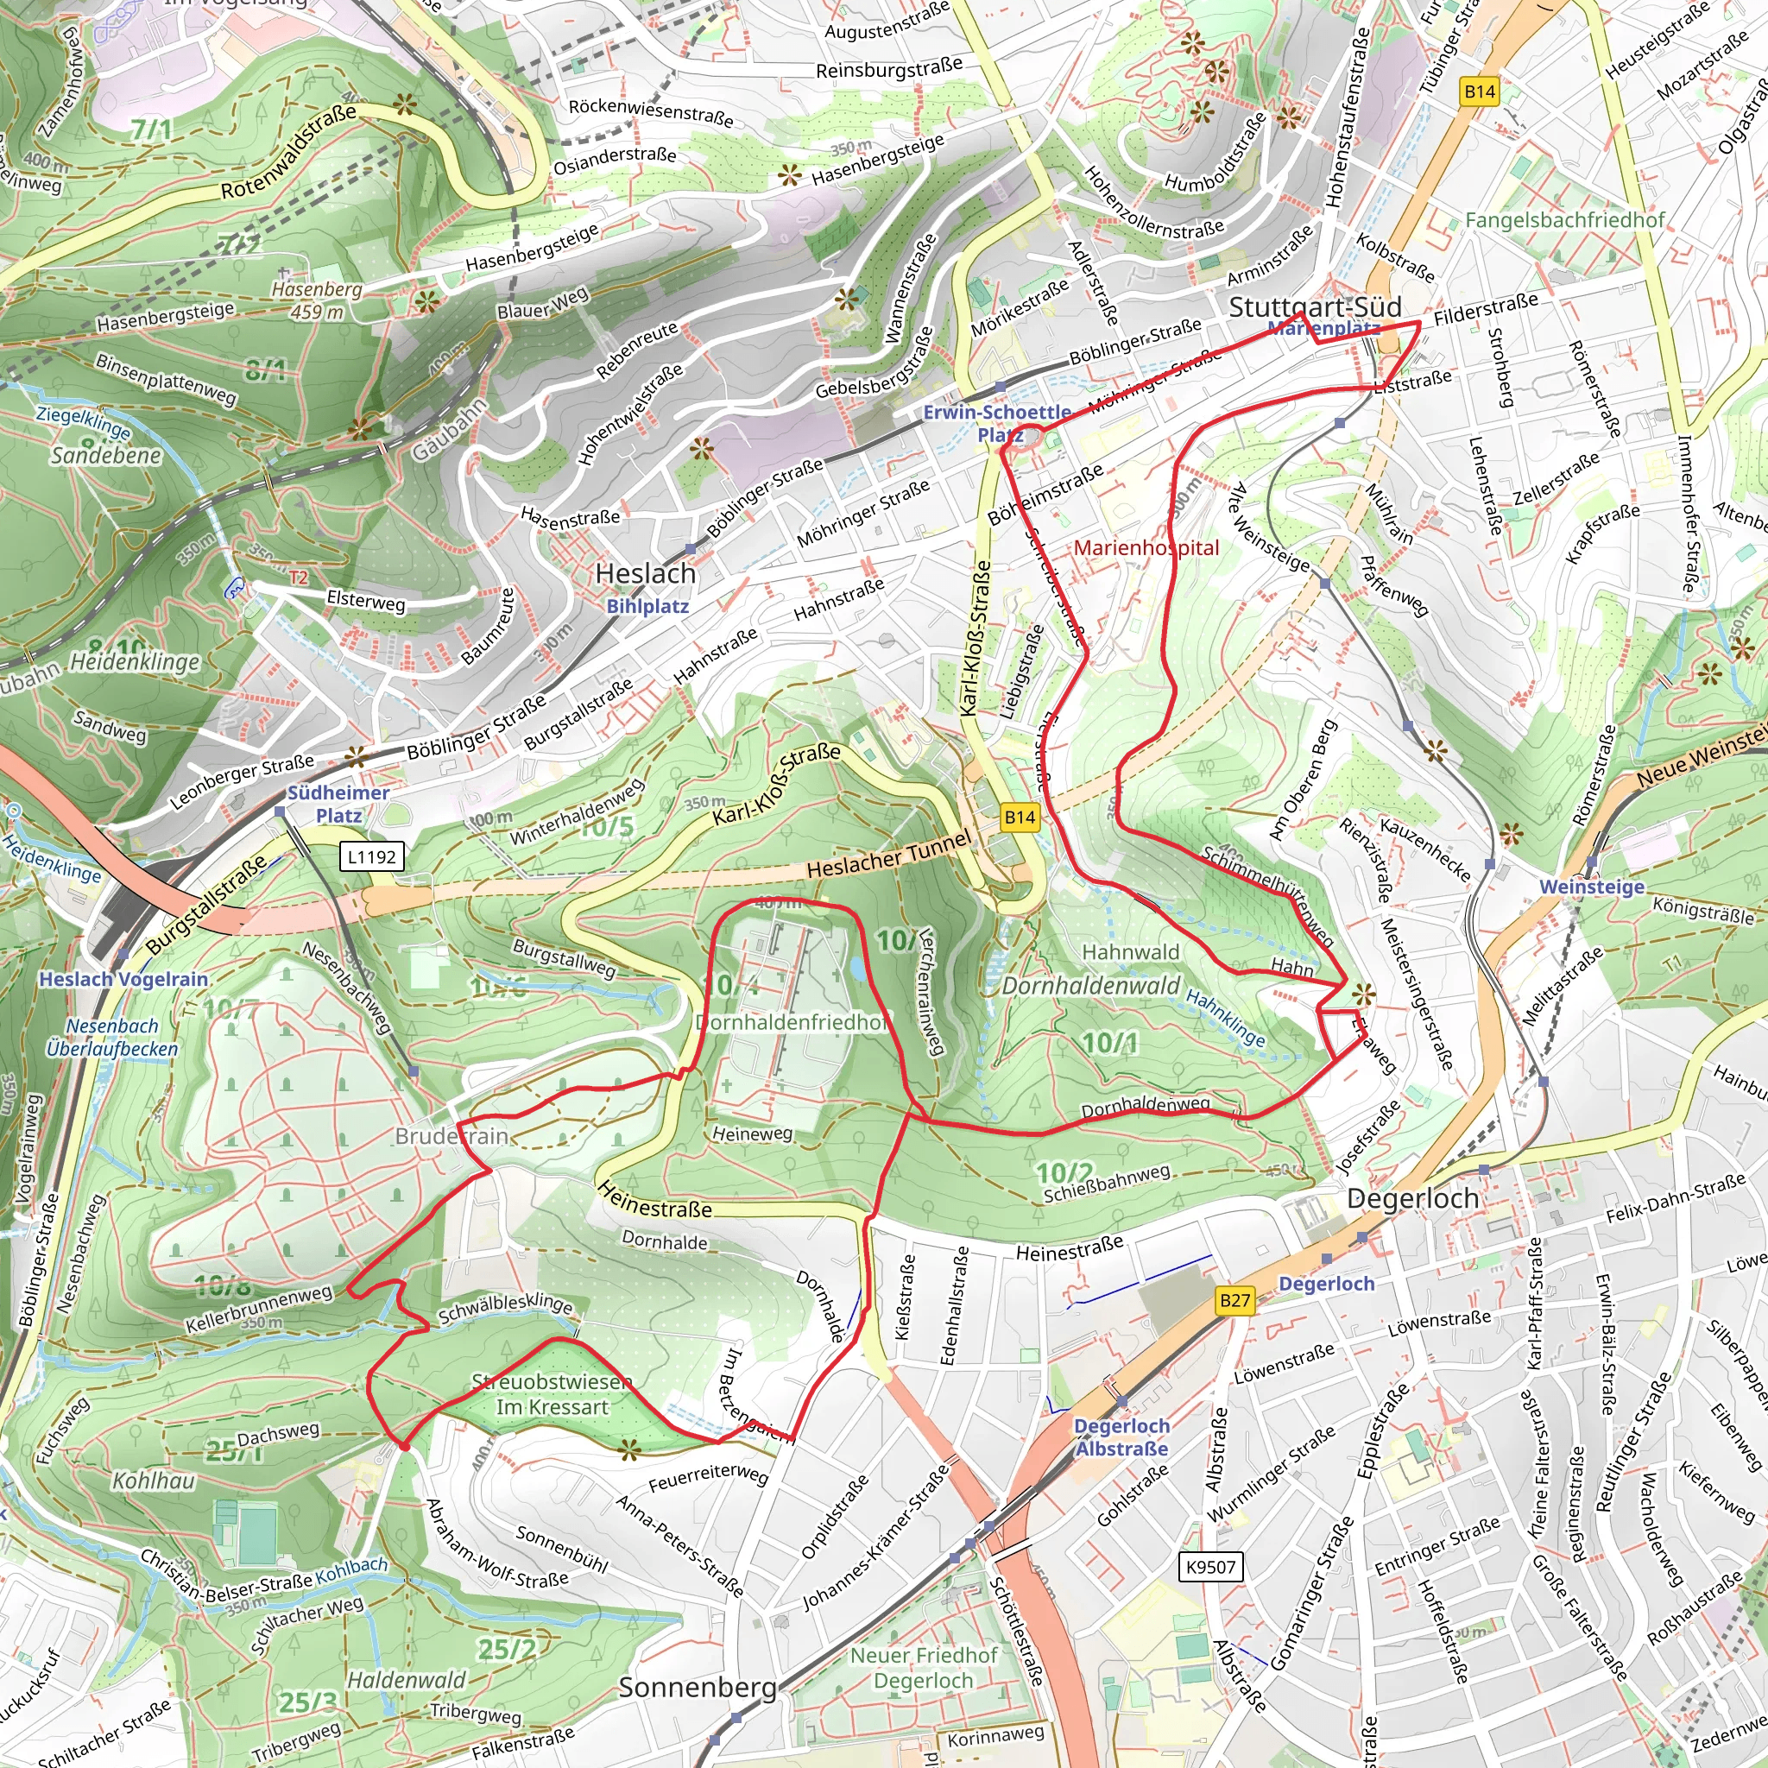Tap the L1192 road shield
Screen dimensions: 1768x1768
click(371, 856)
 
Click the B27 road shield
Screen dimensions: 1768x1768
click(1234, 1300)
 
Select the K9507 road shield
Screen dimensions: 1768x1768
click(1209, 1567)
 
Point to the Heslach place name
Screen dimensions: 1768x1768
click(645, 574)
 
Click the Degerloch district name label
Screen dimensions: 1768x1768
click(1412, 1198)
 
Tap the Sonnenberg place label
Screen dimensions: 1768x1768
click(698, 1688)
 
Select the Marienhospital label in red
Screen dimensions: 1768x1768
click(1146, 548)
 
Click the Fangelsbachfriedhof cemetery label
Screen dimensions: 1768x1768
click(1564, 219)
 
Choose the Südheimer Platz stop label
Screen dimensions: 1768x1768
click(338, 804)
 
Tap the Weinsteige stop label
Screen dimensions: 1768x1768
click(1591, 887)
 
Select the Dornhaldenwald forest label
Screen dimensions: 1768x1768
click(1091, 986)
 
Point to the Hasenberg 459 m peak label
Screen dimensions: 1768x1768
click(318, 300)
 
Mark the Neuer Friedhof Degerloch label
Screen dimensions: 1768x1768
click(924, 1667)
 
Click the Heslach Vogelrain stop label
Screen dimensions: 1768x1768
click(123, 979)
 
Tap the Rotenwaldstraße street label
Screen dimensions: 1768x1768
click(289, 152)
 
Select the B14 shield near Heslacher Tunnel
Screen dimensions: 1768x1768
click(1020, 818)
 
